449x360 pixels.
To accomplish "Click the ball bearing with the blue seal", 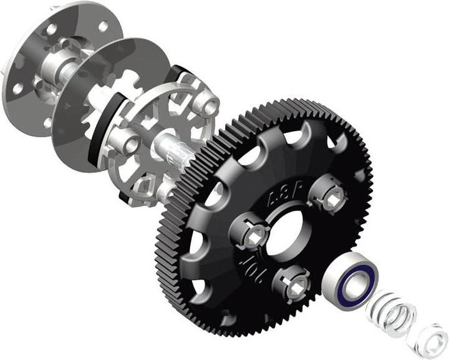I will pos(352,284).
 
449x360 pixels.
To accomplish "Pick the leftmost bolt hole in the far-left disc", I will pos(18,87).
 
